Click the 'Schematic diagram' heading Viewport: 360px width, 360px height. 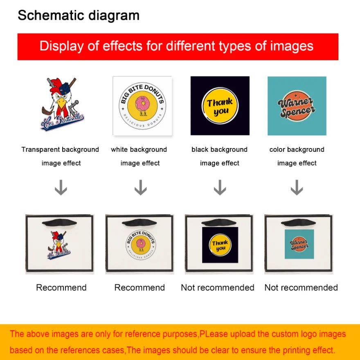coord(79,16)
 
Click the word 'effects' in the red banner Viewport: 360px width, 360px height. coord(123,46)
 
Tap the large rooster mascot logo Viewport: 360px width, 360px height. coord(62,104)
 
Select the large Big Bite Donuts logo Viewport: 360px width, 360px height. coord(142,106)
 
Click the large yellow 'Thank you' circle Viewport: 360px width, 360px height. coord(220,106)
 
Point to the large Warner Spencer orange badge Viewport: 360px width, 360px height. coord(297,106)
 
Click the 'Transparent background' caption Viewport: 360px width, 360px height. coord(60,149)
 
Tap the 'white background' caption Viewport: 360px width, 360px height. coord(139,149)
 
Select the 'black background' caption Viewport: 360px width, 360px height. coord(220,149)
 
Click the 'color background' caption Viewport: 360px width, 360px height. coord(297,149)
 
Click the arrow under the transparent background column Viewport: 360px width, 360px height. coord(61,187)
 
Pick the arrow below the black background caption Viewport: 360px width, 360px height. coord(220,187)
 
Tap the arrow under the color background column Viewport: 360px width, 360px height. coord(297,187)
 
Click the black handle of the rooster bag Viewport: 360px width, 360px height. coord(59,223)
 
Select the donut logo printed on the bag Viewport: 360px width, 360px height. coord(141,245)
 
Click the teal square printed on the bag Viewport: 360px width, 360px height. coord(299,244)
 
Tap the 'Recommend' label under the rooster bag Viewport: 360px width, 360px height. coord(61,288)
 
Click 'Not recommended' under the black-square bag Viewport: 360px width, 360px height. coord(218,288)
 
